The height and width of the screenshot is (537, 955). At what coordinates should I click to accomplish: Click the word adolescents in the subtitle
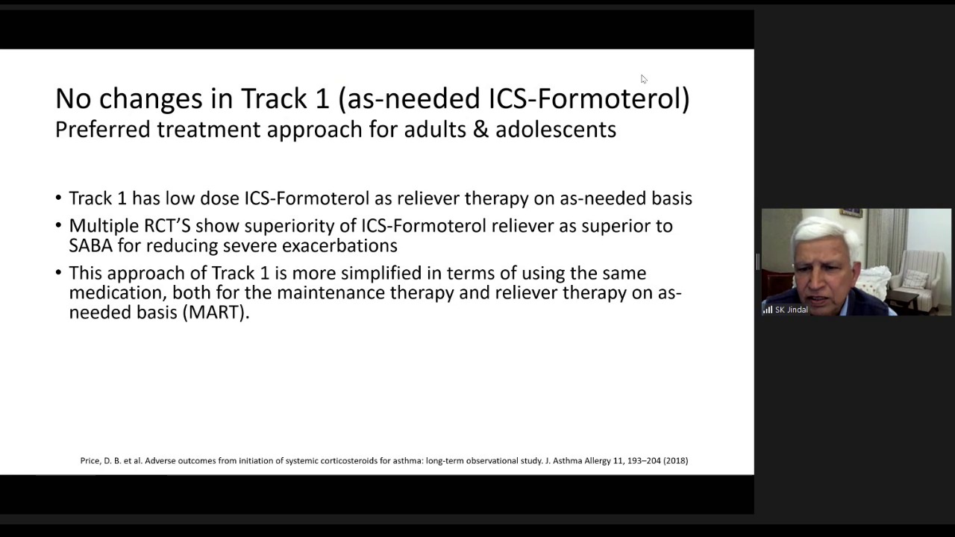556,129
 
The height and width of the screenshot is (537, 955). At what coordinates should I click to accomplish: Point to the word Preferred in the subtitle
103,129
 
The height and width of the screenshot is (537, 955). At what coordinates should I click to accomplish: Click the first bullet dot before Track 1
58,198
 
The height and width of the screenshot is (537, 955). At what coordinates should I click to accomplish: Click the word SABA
90,245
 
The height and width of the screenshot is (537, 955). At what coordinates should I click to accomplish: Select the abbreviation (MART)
216,313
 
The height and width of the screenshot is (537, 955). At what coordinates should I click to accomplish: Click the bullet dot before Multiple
58,225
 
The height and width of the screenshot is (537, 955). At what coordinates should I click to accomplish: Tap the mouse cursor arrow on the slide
644,79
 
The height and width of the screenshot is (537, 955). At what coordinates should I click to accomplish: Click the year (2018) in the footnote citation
675,461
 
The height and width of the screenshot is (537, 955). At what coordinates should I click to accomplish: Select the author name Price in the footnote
90,461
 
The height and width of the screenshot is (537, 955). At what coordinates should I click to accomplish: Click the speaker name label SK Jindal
792,310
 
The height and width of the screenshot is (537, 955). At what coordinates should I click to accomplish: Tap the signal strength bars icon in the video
768,310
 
